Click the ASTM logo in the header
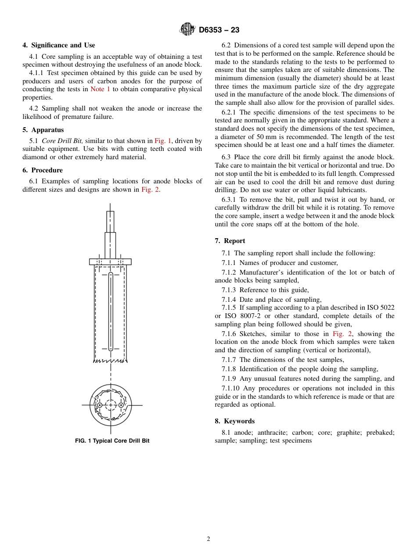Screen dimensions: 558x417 [x=187, y=29]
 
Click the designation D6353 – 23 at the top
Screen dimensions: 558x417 [x=219, y=30]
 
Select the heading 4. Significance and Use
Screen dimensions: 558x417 [x=59, y=45]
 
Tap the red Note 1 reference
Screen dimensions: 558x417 [x=100, y=89]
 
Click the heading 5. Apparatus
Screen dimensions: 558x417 [x=43, y=130]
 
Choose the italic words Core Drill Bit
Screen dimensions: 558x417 [x=62, y=141]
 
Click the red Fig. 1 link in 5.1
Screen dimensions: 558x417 [x=162, y=141]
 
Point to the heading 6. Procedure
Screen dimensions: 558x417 [x=43, y=170]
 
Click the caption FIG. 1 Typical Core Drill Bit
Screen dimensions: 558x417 [x=112, y=440]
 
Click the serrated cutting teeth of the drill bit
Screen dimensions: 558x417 [x=110, y=361]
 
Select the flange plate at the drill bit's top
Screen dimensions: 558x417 [x=110, y=261]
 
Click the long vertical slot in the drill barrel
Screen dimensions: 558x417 [x=111, y=311]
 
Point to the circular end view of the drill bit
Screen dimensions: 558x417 [x=111, y=405]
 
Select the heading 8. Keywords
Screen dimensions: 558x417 [x=235, y=421]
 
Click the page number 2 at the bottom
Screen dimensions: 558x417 [x=208, y=539]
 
